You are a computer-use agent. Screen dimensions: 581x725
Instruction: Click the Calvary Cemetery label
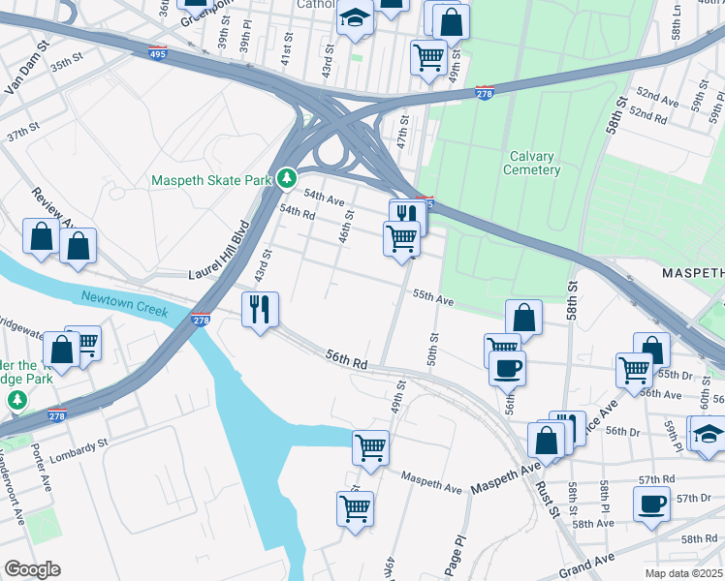click(x=531, y=163)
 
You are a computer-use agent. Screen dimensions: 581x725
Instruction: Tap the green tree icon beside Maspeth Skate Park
click(x=287, y=179)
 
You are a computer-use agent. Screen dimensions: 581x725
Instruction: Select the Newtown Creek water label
click(x=124, y=304)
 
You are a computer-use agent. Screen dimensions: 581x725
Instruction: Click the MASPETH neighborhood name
click(x=693, y=274)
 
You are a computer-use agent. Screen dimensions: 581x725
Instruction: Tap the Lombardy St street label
click(x=81, y=448)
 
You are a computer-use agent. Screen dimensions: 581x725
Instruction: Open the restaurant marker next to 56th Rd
click(x=260, y=310)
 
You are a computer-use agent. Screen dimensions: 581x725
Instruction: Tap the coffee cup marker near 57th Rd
click(x=651, y=504)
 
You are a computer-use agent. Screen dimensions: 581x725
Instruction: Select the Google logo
click(x=31, y=569)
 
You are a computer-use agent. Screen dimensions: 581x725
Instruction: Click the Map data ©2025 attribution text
click(x=684, y=573)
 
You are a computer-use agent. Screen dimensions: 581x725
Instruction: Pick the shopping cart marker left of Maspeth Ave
click(x=370, y=447)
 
